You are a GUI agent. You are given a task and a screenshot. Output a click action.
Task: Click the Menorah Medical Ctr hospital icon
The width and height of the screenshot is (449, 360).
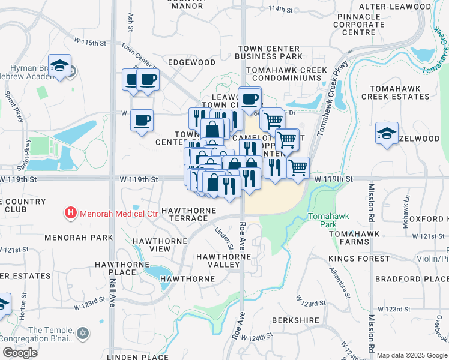[x=71, y=212]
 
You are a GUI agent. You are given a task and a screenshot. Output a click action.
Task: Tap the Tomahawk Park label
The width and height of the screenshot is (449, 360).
[x=324, y=220]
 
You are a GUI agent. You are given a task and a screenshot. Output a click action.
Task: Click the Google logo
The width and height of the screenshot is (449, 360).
[x=20, y=353]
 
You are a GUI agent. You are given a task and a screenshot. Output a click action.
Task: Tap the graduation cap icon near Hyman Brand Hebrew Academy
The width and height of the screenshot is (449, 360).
[x=60, y=66]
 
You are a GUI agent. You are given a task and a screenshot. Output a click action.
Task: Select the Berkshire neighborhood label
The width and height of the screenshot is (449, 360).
[x=295, y=320]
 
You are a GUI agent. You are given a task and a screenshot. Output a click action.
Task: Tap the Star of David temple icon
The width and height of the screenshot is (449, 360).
[x=83, y=332]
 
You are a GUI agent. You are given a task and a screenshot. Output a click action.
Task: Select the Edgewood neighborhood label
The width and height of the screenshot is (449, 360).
[x=191, y=62]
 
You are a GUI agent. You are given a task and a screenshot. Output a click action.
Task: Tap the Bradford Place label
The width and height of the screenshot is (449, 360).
[x=411, y=279]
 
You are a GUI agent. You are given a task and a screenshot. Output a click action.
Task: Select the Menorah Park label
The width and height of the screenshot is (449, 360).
[x=78, y=238]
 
